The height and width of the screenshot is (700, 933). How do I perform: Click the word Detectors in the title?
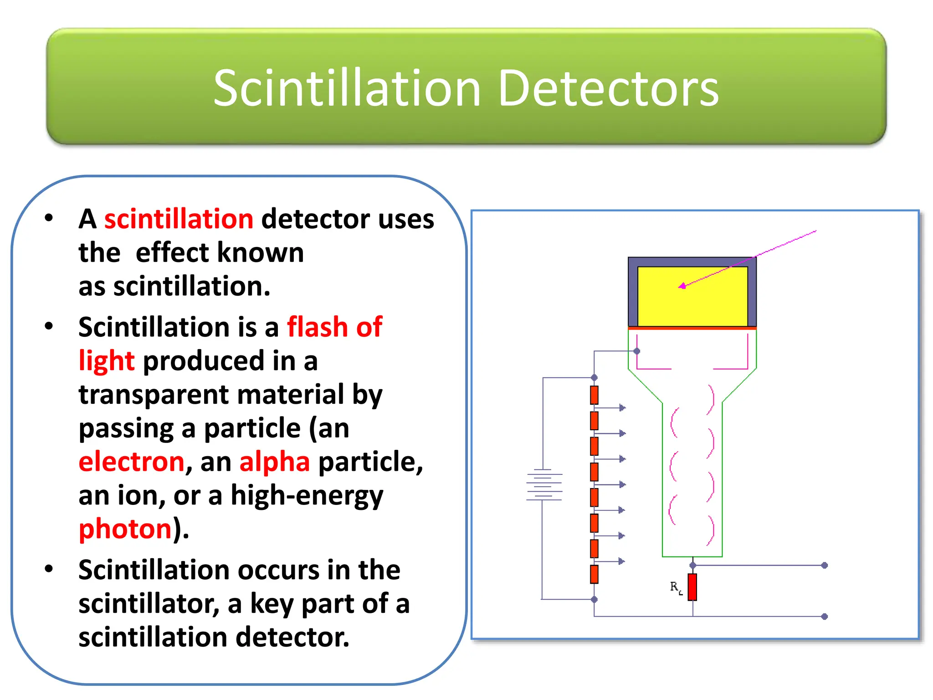608,88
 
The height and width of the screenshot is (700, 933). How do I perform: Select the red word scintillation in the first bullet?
179,219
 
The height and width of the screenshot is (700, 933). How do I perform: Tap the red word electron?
131,462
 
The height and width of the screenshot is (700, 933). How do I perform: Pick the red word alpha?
275,462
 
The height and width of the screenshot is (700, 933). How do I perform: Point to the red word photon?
125,529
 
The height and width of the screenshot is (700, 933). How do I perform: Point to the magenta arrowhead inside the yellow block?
682,286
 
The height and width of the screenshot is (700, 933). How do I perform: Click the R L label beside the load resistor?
676,587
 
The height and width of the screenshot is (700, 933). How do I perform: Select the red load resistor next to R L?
692,587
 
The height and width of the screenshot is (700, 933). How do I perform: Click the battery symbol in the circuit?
544,485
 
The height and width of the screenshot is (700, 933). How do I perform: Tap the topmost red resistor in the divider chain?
594,395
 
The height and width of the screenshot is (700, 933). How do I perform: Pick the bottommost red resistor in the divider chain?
594,574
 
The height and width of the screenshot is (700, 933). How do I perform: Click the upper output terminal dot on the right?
824,566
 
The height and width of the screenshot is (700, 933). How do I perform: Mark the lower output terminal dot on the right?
824,617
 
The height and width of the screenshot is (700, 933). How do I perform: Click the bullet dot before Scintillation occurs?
49,569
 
